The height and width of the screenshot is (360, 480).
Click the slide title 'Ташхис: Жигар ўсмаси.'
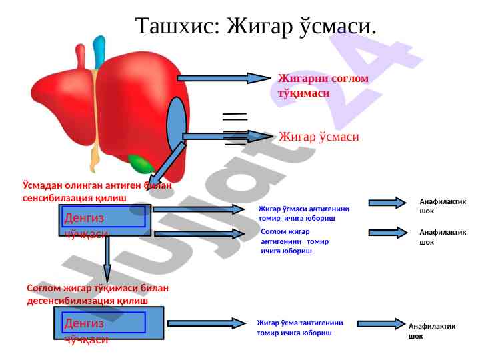(256, 26)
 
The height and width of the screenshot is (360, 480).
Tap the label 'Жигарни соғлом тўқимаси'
(323, 86)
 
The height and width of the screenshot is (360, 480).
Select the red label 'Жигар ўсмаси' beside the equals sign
(319, 137)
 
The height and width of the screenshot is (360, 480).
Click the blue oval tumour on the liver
(177, 125)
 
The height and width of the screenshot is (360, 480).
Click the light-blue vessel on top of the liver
(99, 51)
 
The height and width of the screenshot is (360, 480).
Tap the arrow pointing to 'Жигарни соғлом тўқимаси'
(227, 78)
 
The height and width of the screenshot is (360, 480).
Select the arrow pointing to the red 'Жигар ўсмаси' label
(227, 136)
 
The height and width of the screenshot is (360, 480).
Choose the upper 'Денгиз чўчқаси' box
(105, 220)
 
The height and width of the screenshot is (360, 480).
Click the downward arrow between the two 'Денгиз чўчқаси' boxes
(107, 261)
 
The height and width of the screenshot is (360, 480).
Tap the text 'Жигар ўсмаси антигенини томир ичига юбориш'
(303, 213)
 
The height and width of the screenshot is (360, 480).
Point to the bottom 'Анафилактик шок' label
(431, 331)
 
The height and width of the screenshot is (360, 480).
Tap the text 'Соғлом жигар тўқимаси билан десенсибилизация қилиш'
(97, 295)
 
